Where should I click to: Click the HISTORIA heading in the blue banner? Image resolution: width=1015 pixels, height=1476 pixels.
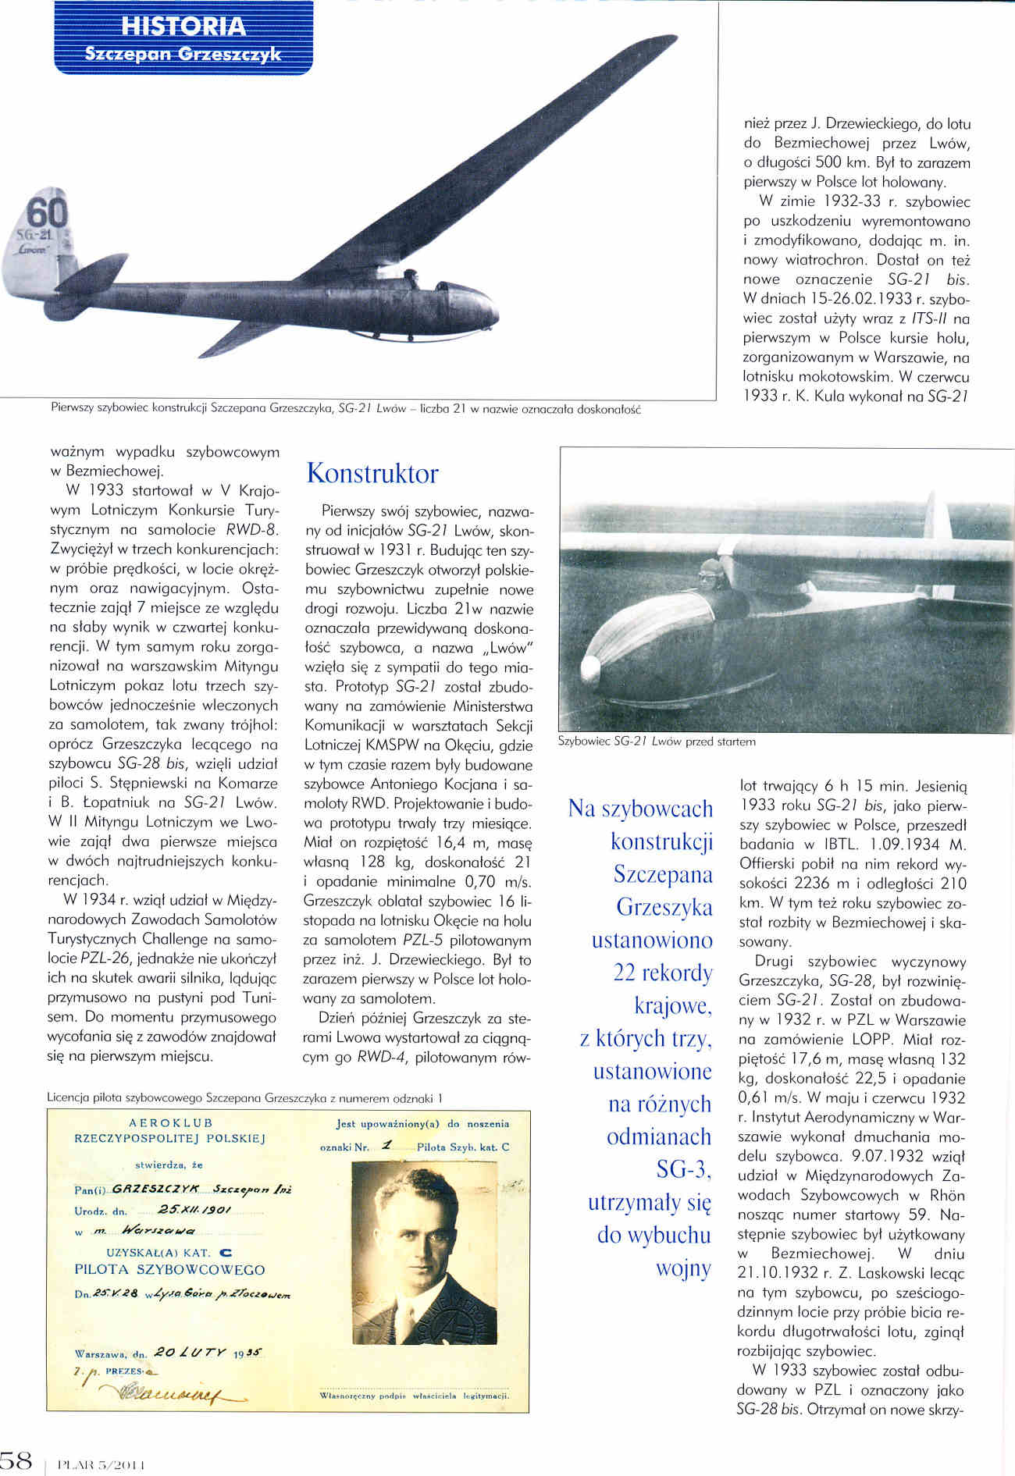(184, 27)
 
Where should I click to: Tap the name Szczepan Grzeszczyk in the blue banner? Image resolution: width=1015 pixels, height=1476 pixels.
(183, 55)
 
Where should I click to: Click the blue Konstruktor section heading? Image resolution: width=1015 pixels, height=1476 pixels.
(372, 473)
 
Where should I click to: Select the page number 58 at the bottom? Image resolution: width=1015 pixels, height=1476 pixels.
(16, 1460)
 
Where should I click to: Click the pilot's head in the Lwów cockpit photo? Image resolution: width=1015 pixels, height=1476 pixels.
(710, 574)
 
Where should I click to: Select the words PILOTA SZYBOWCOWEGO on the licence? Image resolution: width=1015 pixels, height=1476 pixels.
(169, 1270)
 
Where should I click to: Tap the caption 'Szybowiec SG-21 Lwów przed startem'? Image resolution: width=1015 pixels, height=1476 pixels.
(657, 742)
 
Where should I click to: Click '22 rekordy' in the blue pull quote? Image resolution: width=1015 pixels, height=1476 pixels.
(663, 973)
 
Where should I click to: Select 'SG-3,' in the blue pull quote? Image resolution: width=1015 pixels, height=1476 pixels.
(684, 1169)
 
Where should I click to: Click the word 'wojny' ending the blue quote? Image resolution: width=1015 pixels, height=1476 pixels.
(684, 1268)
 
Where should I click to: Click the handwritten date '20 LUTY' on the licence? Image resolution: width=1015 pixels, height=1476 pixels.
(191, 1351)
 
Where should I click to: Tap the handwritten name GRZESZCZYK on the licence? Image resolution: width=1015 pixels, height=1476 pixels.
(156, 1190)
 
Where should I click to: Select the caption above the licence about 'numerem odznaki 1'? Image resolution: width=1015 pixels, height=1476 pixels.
(245, 1097)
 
